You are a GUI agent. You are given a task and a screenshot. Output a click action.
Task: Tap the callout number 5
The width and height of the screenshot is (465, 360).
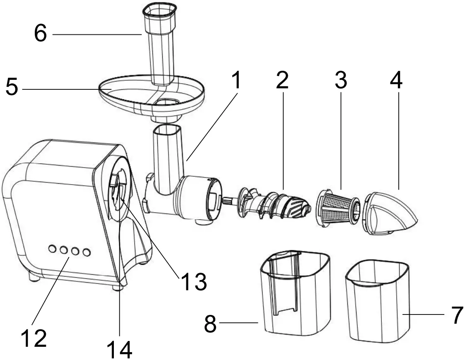[x=12, y=88]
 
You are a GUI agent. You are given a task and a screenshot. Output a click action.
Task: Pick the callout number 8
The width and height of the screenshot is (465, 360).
[x=210, y=324]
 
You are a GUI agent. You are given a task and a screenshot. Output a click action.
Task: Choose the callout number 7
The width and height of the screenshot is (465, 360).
[x=456, y=316]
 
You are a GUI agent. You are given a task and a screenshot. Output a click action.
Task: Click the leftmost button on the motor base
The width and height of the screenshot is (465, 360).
[x=53, y=249]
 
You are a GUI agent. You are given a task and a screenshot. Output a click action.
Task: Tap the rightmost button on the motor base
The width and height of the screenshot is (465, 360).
[x=86, y=252]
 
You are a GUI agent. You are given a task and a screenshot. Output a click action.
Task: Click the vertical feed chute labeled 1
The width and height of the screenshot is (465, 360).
[x=168, y=159]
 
